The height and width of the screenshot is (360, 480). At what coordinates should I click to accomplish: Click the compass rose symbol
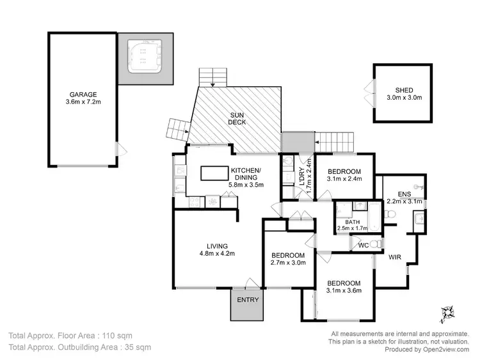click(x=447, y=313)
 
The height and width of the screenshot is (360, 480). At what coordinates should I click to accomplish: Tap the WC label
click(x=363, y=245)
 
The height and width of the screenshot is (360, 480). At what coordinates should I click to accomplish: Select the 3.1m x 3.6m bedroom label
click(x=344, y=291)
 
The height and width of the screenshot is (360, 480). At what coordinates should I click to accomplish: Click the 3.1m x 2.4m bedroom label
click(x=344, y=178)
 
